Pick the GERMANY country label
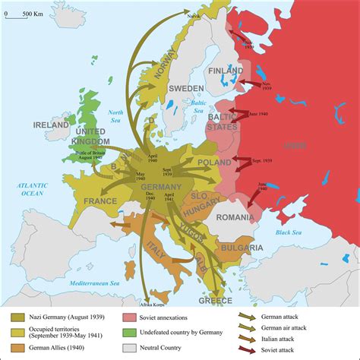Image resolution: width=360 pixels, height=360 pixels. pyautogui.click(x=161, y=188)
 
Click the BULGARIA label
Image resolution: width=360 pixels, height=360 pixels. pyautogui.click(x=242, y=248)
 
